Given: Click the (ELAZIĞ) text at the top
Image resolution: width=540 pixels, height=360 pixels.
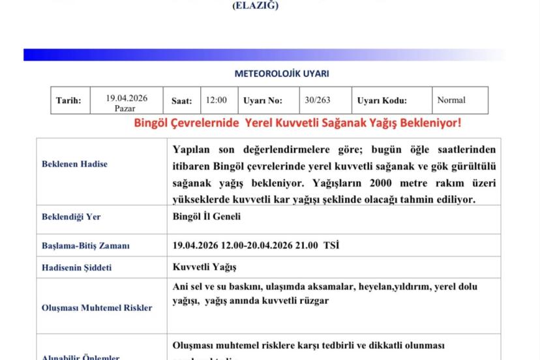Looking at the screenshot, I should pos(255,6).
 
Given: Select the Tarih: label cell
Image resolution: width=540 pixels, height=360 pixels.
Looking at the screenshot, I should pos(68,100).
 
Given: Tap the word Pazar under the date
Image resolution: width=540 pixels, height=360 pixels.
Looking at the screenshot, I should pos(125,108).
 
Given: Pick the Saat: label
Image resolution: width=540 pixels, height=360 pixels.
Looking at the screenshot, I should pos(181,100).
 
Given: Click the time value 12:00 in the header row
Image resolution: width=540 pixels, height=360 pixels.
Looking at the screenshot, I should pos(217,100).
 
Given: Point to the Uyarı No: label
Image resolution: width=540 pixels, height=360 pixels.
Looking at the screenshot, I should pos(262,100).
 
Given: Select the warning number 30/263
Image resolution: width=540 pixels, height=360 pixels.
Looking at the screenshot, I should pos(317,100).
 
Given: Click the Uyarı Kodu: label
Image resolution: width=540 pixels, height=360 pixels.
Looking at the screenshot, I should pos(382,100).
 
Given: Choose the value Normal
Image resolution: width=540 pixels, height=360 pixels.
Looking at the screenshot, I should pos(451,100).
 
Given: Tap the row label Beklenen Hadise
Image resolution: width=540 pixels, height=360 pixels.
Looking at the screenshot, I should pos(74,164).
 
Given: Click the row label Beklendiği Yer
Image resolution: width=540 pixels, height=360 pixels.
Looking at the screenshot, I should pos(71,217).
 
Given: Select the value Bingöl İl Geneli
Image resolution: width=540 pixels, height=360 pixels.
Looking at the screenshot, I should pos(207,217).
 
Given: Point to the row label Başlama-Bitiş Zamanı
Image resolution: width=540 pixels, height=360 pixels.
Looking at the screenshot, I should pos(85,246).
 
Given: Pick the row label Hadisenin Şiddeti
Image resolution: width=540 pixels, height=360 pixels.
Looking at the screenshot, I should pos(76,267).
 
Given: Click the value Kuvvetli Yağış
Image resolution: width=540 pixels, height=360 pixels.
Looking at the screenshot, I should pos(205,267).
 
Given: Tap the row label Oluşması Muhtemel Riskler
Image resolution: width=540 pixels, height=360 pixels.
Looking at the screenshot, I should pos(97,307).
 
